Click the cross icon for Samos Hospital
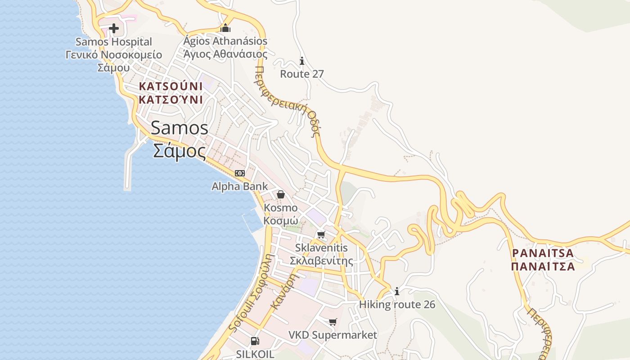(x=114, y=28)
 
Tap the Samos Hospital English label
(x=114, y=42)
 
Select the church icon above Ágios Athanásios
(x=225, y=28)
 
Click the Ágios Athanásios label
(x=225, y=41)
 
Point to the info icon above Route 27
(x=302, y=61)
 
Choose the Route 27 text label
(x=302, y=74)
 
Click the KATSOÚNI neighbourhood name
(x=171, y=86)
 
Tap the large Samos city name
(x=180, y=128)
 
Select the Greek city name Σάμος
(x=180, y=151)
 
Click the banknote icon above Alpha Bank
(x=240, y=173)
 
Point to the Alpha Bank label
(x=240, y=186)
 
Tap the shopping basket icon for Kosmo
(x=281, y=194)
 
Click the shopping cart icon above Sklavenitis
(x=321, y=234)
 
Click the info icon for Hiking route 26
(x=397, y=292)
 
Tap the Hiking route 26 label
(x=397, y=305)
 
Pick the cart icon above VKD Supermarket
(x=333, y=322)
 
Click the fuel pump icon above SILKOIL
(x=255, y=341)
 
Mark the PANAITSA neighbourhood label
(x=543, y=253)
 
